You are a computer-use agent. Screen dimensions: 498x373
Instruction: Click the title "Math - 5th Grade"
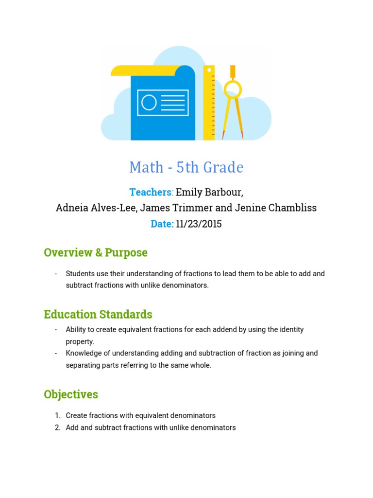click(x=186, y=167)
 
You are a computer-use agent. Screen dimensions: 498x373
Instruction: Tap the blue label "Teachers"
click(x=151, y=192)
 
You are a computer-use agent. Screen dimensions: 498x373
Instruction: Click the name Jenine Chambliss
click(x=276, y=208)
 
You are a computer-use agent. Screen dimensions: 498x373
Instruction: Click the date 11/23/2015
click(x=199, y=224)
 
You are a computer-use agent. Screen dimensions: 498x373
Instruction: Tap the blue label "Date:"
click(x=162, y=224)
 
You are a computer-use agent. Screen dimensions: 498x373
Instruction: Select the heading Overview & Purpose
click(x=96, y=253)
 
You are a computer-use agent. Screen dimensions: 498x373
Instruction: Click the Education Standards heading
click(x=98, y=314)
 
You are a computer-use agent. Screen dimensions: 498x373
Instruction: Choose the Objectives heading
click(x=71, y=394)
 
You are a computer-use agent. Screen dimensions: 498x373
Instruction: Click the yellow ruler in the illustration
click(x=209, y=103)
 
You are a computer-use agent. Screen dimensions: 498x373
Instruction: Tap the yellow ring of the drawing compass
click(x=232, y=89)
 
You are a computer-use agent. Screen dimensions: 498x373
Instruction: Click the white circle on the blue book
click(x=149, y=103)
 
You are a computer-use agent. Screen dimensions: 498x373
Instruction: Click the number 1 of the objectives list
click(x=57, y=416)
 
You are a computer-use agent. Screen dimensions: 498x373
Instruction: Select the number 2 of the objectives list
click(x=57, y=428)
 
